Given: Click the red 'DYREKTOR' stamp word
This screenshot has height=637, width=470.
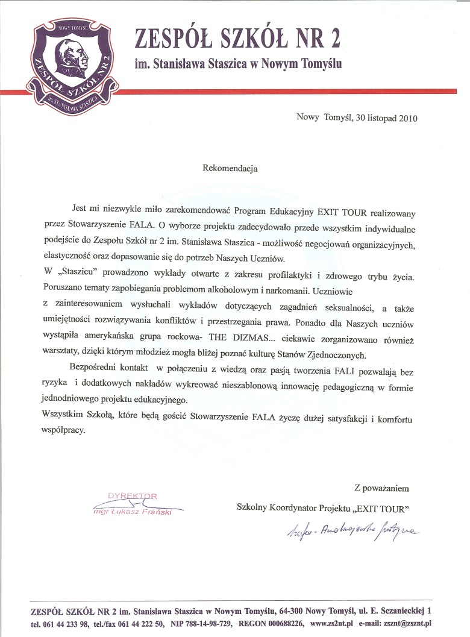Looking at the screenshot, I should point(132,496).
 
